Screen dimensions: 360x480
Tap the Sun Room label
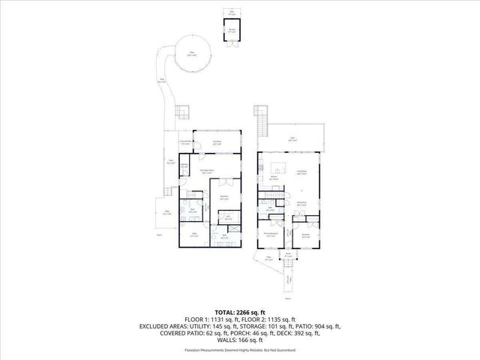coord(216,142)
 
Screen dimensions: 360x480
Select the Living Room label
coord(301,172)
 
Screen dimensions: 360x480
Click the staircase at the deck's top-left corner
coord(261,120)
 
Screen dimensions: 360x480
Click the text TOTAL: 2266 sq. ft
coord(240,311)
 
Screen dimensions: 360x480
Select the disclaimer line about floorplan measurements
coord(240,350)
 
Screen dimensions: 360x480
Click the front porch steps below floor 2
coord(289,281)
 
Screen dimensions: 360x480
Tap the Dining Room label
coord(301,203)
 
